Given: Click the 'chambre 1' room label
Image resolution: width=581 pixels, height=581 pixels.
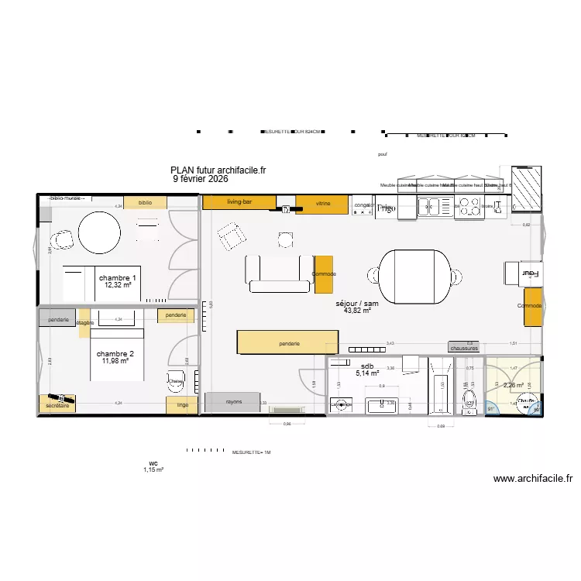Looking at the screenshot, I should click(x=118, y=278).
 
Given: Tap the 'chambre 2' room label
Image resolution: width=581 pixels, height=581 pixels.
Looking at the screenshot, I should click(x=115, y=354).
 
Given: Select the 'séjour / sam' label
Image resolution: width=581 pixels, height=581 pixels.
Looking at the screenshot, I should click(x=357, y=304).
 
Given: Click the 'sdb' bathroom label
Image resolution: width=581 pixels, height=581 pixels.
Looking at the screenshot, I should click(x=367, y=366).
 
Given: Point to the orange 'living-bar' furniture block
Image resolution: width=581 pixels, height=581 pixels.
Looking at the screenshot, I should click(x=239, y=202).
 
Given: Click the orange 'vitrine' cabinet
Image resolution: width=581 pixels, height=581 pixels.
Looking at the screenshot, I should click(x=322, y=204).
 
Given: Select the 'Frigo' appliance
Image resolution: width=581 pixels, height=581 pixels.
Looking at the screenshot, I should click(x=386, y=208).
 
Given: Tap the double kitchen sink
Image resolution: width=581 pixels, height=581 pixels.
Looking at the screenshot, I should click(x=435, y=206).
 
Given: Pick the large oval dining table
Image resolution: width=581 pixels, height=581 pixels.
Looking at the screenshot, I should click(x=414, y=276).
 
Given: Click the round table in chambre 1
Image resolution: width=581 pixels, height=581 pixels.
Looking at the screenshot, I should click(x=99, y=230).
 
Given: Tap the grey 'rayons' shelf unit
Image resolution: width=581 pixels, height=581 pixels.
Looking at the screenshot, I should click(x=233, y=402).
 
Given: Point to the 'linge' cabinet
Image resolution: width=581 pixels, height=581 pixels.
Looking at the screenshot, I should click(x=182, y=405).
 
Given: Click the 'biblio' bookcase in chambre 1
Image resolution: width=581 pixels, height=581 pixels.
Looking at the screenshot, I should click(x=146, y=202).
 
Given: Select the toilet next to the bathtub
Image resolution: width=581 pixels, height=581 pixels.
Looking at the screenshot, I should click(x=468, y=398).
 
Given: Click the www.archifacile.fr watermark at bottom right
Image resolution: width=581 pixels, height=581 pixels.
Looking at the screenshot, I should click(x=532, y=480).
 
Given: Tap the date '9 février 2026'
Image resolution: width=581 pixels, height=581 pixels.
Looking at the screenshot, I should click(x=200, y=178).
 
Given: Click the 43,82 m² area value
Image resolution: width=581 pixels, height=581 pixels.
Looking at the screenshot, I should click(x=357, y=311).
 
